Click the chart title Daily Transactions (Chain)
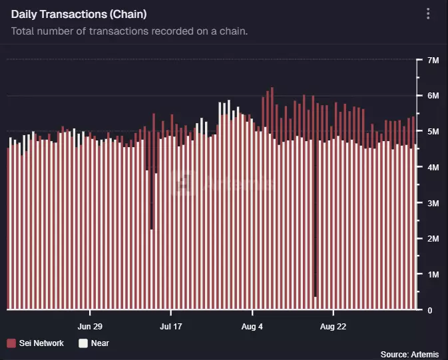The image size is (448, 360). click(x=79, y=14)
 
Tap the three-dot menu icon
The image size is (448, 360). click(x=428, y=14)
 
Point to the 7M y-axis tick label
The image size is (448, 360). click(x=433, y=61)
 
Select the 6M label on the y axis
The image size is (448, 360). click(x=433, y=96)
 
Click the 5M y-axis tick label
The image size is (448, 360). click(x=433, y=132)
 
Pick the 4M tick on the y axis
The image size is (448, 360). click(x=433, y=168)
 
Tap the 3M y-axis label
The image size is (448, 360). click(x=433, y=203)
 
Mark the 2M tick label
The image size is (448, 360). click(x=433, y=239)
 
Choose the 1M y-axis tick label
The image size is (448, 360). click(x=433, y=274)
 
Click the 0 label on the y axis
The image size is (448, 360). click(x=430, y=310)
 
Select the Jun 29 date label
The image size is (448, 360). click(x=90, y=327)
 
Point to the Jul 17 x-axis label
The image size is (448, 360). click(x=171, y=327)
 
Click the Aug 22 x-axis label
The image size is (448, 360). click(x=334, y=327)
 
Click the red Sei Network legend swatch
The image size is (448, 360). click(x=11, y=343)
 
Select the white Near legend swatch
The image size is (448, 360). click(x=83, y=343)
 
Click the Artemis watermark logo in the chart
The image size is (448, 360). click(x=182, y=184)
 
